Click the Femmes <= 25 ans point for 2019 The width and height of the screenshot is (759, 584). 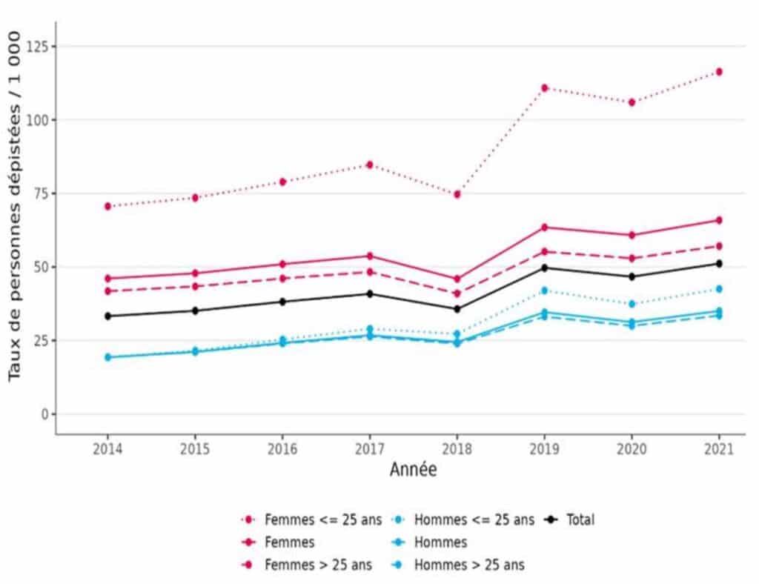pos(544,88)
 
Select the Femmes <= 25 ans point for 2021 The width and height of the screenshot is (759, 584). pos(718,72)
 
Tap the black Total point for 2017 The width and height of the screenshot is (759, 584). pos(369,293)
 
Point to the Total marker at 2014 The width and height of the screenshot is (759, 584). pos(107,316)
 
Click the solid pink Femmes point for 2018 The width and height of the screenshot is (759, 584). pos(457,279)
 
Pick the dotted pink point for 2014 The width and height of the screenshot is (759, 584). pos(107,206)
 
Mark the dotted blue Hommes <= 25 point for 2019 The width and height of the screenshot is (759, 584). pos(544,291)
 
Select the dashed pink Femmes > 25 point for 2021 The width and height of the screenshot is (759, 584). pos(718,246)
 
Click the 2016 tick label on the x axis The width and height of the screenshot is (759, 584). pos(282,450)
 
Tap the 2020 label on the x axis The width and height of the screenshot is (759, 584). pos(631,450)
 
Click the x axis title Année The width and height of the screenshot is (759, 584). pos(413,470)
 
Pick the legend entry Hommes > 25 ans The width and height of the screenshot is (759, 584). pos(468,565)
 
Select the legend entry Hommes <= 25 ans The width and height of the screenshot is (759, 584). pos(473,520)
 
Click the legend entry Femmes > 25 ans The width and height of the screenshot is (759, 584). pos(318,565)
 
